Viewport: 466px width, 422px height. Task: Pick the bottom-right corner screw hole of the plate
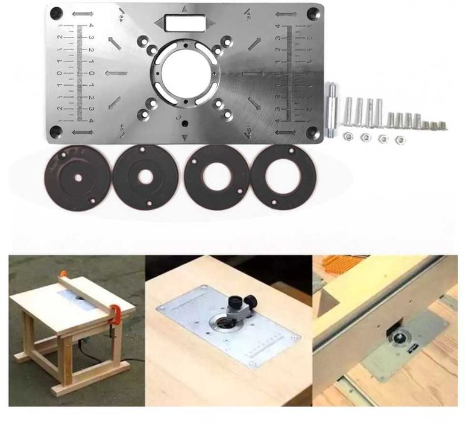(313, 133)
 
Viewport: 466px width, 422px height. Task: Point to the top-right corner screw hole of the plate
(313, 13)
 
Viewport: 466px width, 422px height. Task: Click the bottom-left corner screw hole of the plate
(55, 131)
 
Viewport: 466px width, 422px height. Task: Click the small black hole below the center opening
(186, 124)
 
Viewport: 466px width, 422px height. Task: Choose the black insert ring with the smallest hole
(78, 177)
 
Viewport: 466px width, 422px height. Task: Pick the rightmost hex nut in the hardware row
(398, 139)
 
